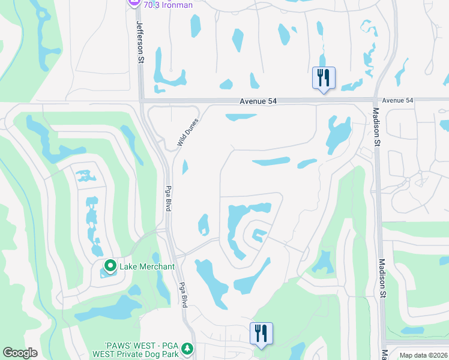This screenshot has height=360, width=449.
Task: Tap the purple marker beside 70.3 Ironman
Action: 133,3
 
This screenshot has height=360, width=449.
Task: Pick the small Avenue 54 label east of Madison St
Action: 398,100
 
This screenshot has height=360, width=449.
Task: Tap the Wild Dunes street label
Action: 187,133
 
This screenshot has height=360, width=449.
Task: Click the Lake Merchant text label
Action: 147,266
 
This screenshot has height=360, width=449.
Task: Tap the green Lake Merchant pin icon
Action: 110,265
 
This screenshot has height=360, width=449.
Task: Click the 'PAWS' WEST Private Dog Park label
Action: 142,352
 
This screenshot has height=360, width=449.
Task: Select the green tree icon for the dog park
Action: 187,348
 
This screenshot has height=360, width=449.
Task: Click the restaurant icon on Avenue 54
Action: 323,77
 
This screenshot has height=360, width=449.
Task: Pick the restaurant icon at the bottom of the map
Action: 261,333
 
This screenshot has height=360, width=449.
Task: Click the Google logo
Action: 20,353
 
